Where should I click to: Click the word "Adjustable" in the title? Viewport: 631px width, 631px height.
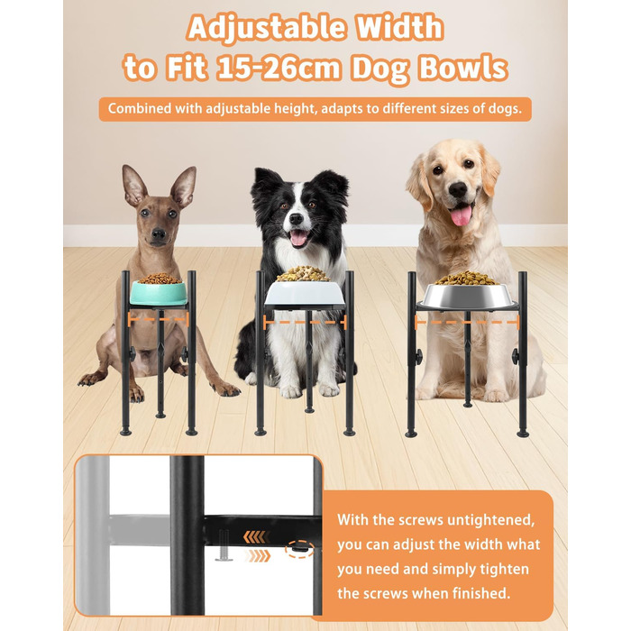(x=267, y=27)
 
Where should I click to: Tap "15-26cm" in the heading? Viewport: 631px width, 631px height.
(x=279, y=68)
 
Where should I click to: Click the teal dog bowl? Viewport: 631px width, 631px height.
(x=159, y=293)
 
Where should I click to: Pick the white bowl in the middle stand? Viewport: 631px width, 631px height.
(x=305, y=293)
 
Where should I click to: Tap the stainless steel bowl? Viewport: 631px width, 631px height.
(x=467, y=297)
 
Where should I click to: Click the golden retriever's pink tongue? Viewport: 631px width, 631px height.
(x=462, y=215)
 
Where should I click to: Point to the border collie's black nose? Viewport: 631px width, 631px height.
(x=297, y=218)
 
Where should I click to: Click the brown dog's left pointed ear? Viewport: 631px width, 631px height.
(x=134, y=185)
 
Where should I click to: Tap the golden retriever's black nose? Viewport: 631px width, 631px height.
(x=458, y=189)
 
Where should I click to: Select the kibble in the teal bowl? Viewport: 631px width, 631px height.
(x=160, y=279)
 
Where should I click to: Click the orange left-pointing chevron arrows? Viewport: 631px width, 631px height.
(x=256, y=536)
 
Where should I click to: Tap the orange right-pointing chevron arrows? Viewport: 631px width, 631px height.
(x=257, y=556)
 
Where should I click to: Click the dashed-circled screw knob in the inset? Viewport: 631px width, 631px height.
(x=299, y=547)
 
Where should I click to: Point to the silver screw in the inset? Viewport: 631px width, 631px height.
(x=224, y=545)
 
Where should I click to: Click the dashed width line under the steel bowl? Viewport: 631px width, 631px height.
(x=467, y=322)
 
